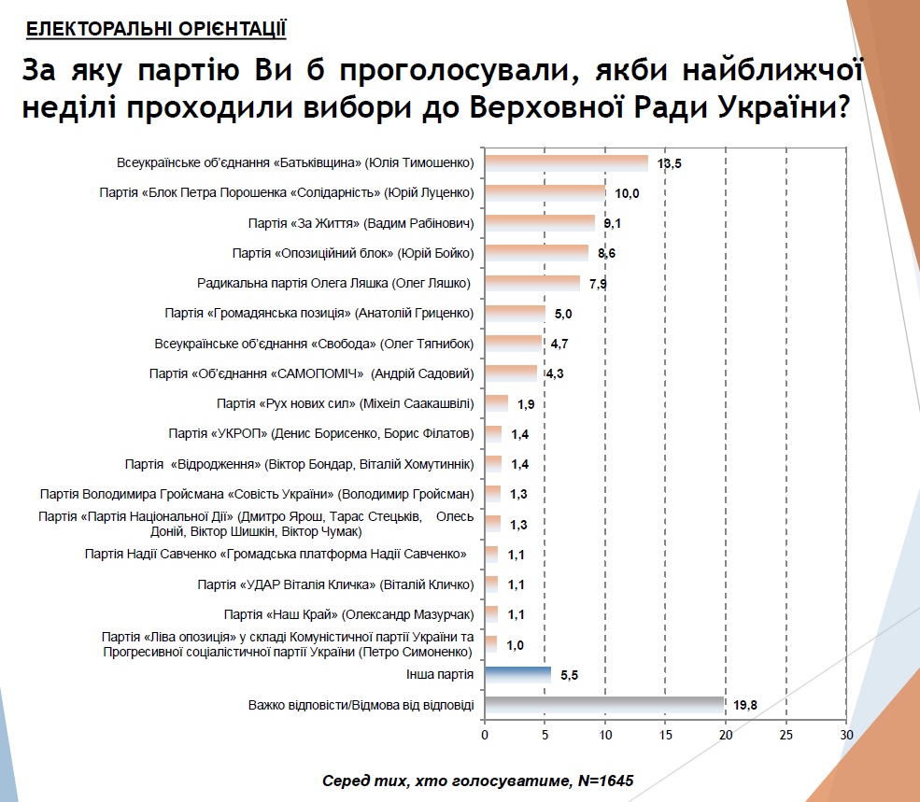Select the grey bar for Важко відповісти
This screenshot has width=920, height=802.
(604, 705)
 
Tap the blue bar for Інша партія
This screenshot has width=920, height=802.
(517, 674)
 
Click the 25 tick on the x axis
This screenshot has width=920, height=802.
(786, 735)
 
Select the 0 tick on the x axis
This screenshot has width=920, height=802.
(484, 735)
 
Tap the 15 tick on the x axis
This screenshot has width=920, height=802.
(665, 735)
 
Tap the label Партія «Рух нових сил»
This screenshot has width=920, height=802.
(345, 403)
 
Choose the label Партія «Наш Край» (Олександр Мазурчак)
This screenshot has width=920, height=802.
(349, 614)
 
